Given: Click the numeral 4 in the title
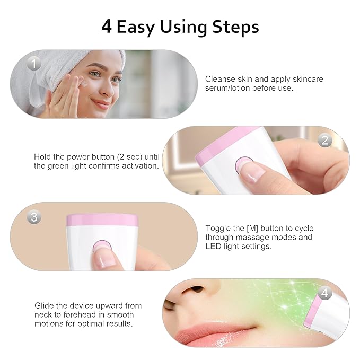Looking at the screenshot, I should (x=106, y=27).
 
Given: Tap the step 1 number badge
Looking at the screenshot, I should (x=34, y=64).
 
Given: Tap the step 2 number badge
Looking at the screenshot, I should (x=324, y=141).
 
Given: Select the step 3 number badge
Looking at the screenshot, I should (x=34, y=217).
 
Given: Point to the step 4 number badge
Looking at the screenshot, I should (x=325, y=293).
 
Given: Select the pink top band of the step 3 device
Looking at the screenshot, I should (x=102, y=220).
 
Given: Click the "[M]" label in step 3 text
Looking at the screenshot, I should (x=246, y=229).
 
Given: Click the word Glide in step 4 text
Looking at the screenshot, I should (x=45, y=305).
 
